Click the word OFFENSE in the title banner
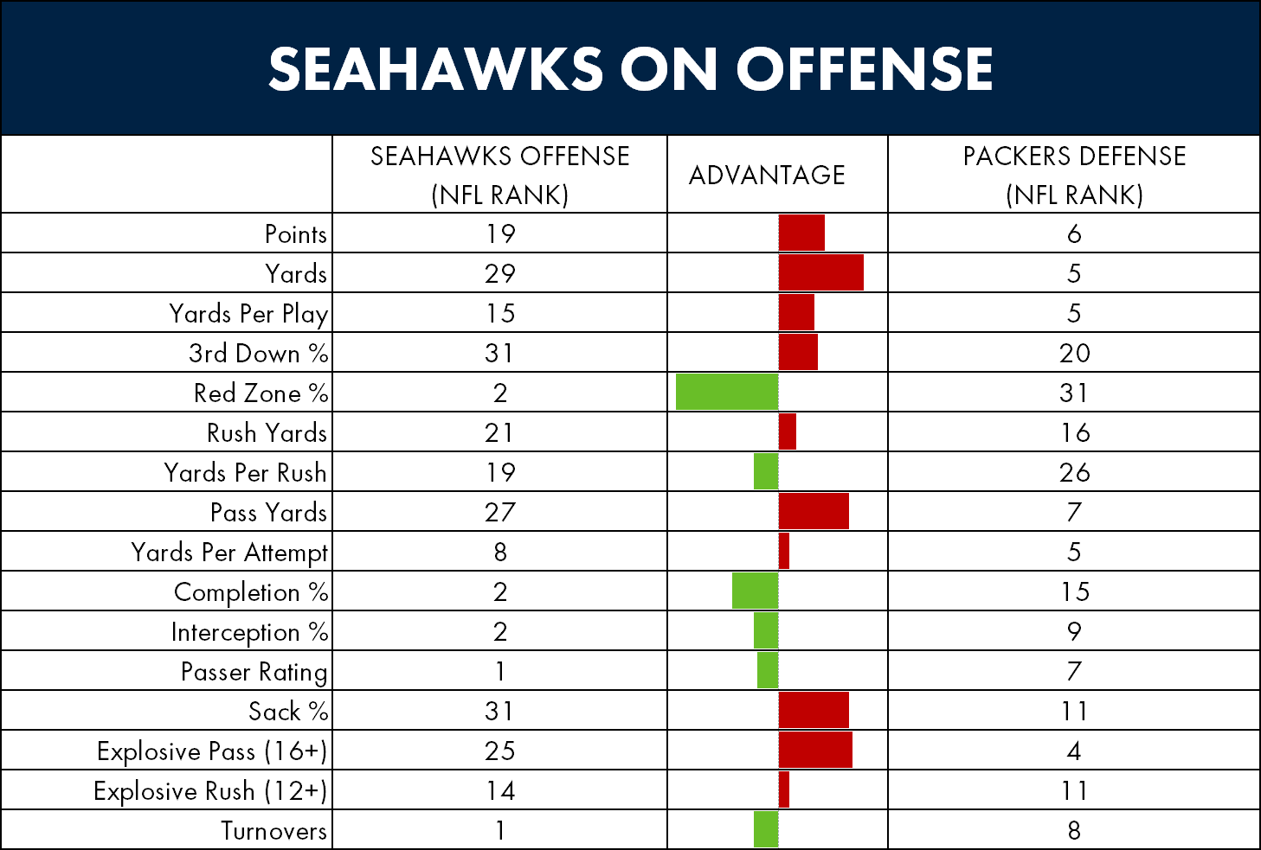pyautogui.click(x=864, y=69)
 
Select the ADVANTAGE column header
pyautogui.click(x=767, y=175)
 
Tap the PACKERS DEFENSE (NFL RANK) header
pyautogui.click(x=1074, y=175)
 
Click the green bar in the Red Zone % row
pyautogui.click(x=727, y=392)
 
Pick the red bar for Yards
pyautogui.click(x=820, y=272)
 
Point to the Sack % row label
pyautogui.click(x=288, y=711)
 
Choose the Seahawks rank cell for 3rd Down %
pyautogui.click(x=499, y=353)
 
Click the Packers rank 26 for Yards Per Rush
pyautogui.click(x=1074, y=472)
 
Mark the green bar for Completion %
pyautogui.click(x=755, y=591)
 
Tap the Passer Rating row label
pyautogui.click(x=254, y=672)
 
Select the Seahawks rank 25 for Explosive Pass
pyautogui.click(x=499, y=751)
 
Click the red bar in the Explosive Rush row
pyautogui.click(x=783, y=789)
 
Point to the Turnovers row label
pyautogui.click(x=273, y=830)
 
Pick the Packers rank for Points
pyautogui.click(x=1074, y=233)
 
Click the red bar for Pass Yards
pyautogui.click(x=814, y=511)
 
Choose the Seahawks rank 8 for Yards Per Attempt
pyautogui.click(x=500, y=552)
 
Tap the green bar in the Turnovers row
pyautogui.click(x=766, y=829)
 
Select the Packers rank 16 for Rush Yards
pyautogui.click(x=1074, y=432)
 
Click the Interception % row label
pyautogui.click(x=250, y=632)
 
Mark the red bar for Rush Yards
pyautogui.click(x=787, y=431)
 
